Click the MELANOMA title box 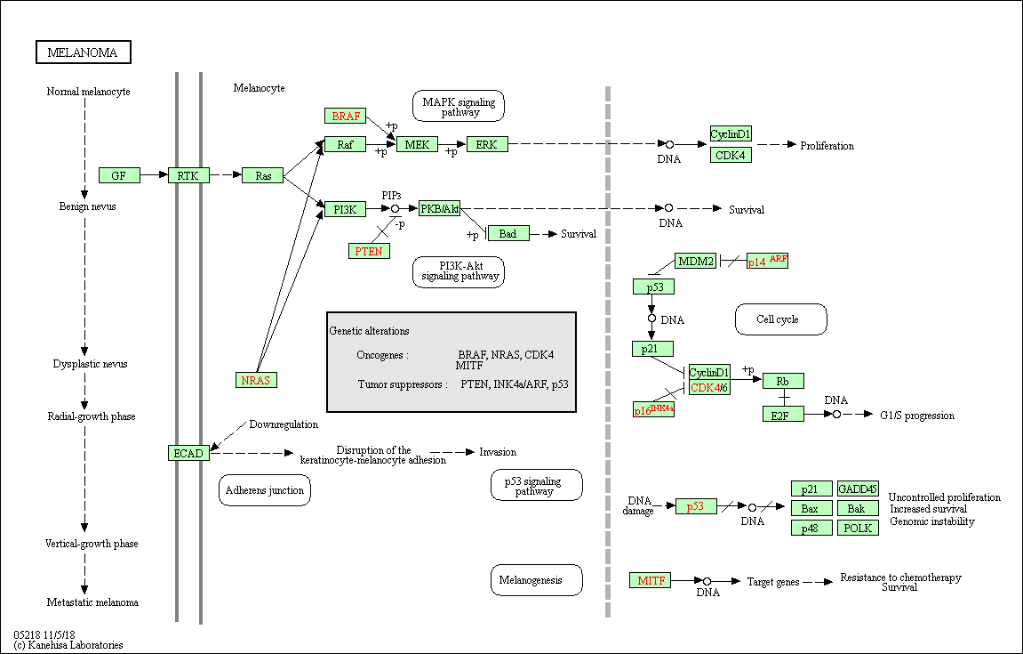(x=83, y=52)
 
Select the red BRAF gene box (x=346, y=116)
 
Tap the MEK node (x=417, y=144)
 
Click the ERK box (x=486, y=144)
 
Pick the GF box (x=119, y=175)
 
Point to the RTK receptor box (x=188, y=175)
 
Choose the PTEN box (x=369, y=251)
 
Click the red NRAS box (x=256, y=380)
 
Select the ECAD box (x=188, y=453)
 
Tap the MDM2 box (x=695, y=261)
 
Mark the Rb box (x=783, y=381)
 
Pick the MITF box (x=651, y=580)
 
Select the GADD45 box (x=858, y=488)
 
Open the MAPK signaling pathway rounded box (x=459, y=106)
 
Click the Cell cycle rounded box (x=780, y=319)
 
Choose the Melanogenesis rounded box (x=536, y=580)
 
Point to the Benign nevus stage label (x=88, y=206)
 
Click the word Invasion (x=498, y=452)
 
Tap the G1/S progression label (x=917, y=416)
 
